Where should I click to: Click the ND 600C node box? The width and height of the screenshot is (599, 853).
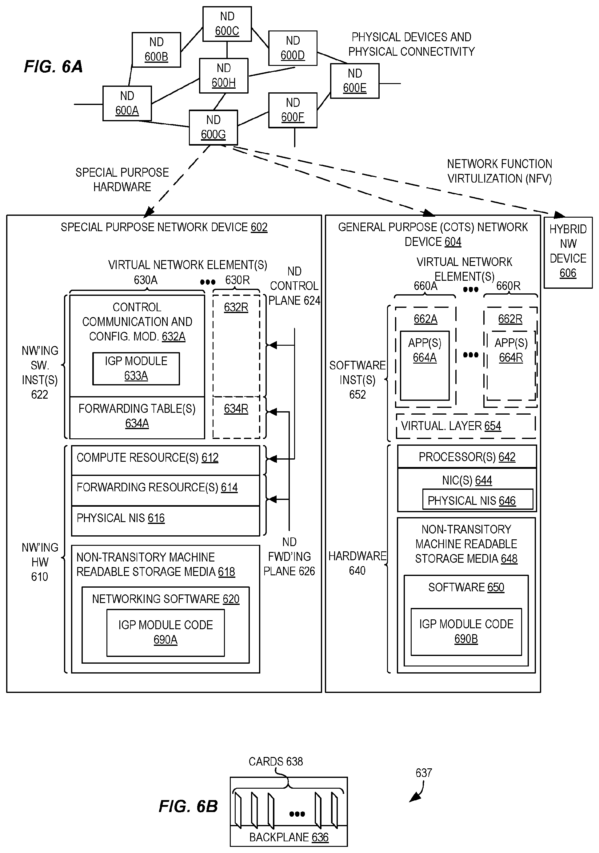pyautogui.click(x=227, y=24)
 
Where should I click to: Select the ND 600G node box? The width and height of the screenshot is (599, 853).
pyautogui.click(x=213, y=127)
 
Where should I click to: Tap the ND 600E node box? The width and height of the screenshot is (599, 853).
pyautogui.click(x=355, y=81)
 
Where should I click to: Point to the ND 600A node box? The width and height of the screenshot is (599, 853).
pyautogui.click(x=127, y=103)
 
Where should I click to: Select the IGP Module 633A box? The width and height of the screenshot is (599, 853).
pyautogui.click(x=136, y=368)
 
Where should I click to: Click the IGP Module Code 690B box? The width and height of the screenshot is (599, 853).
pyautogui.click(x=466, y=632)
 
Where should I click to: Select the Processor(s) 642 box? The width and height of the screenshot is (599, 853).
pyautogui.click(x=467, y=457)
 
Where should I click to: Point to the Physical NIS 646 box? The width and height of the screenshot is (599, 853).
pyautogui.click(x=477, y=500)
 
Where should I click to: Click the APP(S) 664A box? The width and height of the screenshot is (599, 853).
pyautogui.click(x=425, y=365)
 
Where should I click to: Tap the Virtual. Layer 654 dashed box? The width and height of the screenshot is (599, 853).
pyautogui.click(x=466, y=426)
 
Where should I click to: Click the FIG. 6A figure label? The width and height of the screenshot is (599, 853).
pyautogui.click(x=53, y=66)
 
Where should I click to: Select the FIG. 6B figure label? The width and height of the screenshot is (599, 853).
pyautogui.click(x=188, y=806)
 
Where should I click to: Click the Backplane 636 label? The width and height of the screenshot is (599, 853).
pyautogui.click(x=289, y=837)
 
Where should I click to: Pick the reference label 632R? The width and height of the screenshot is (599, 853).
pyautogui.click(x=236, y=308)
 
